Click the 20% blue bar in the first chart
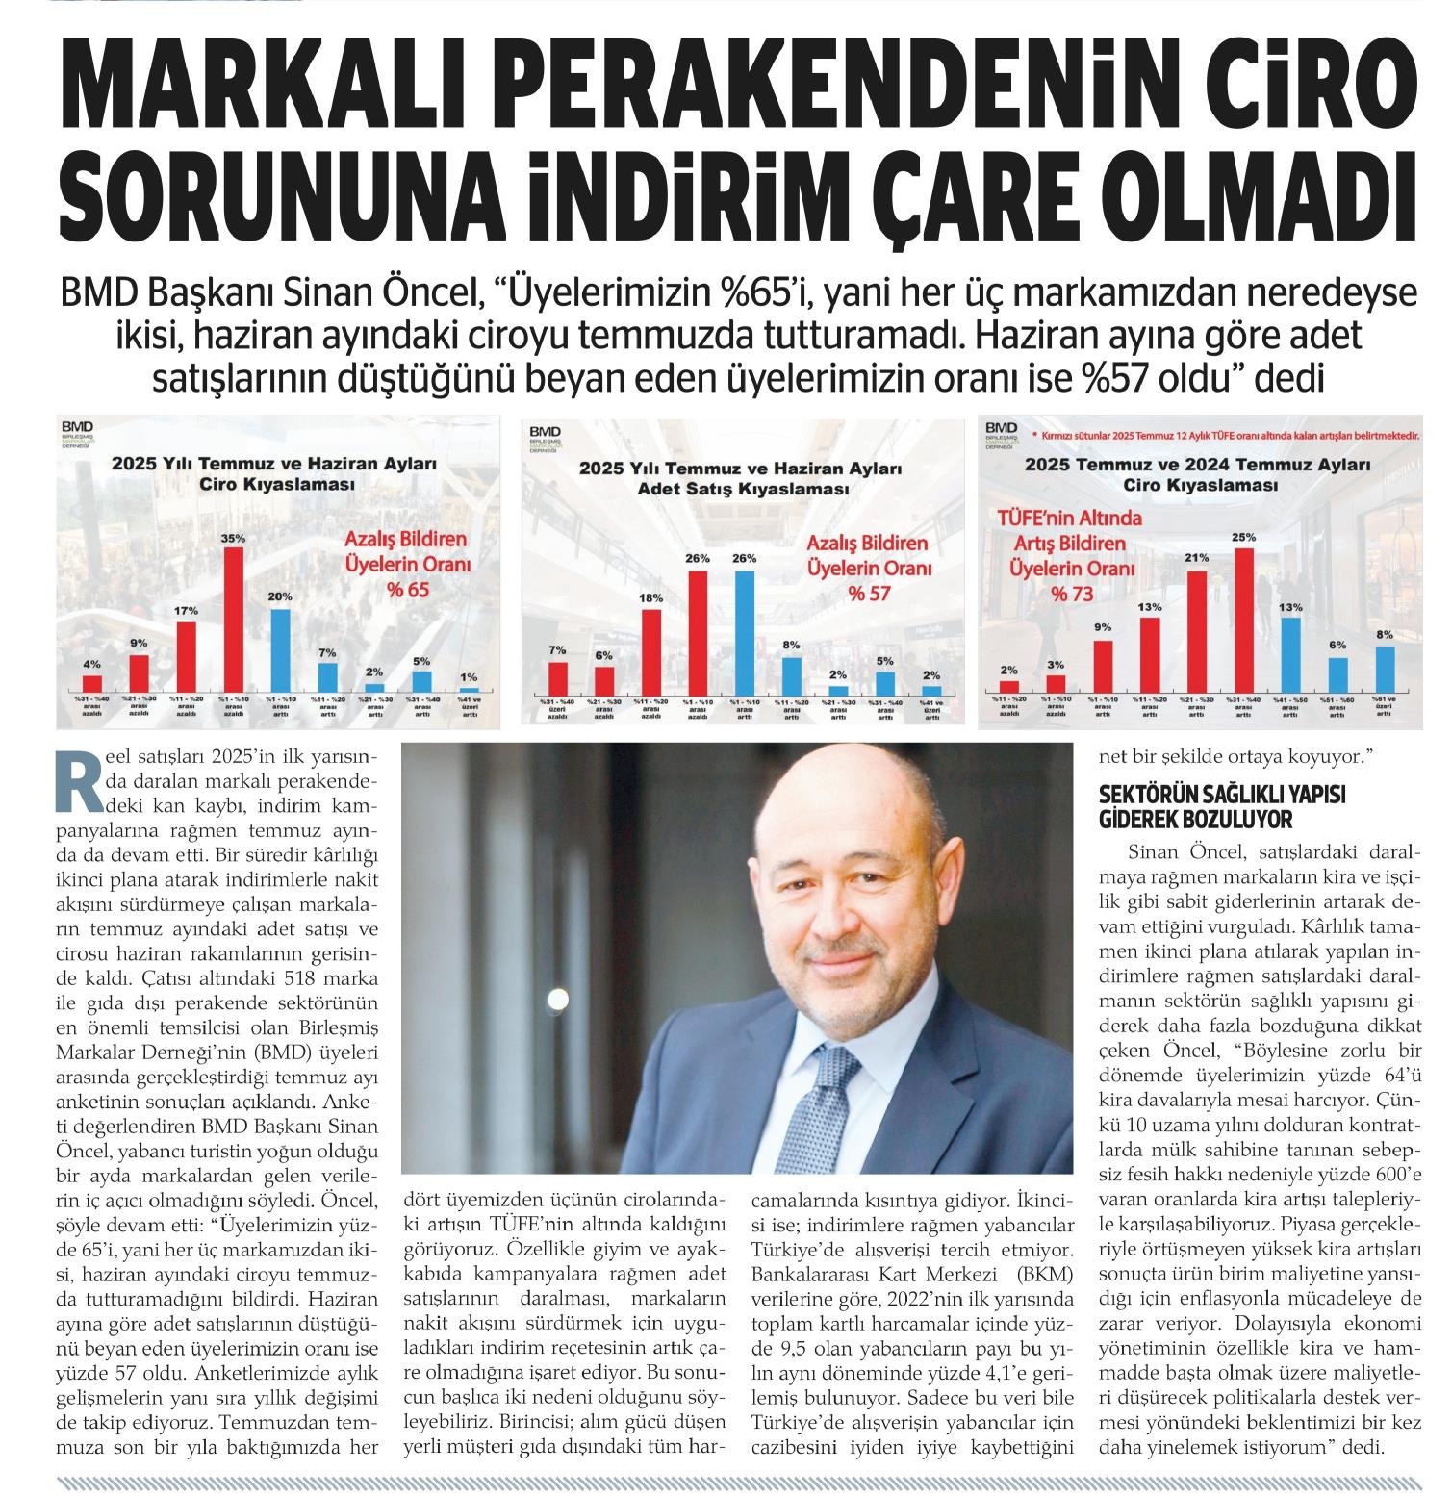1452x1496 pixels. [279, 648]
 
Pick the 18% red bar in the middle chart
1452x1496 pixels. [651, 650]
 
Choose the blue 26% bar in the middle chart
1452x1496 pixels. [744, 630]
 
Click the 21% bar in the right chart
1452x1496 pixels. [1197, 630]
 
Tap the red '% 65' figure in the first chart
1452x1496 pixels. [409, 589]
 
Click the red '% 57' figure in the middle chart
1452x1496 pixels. [869, 594]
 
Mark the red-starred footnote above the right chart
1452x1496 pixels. [1223, 436]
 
